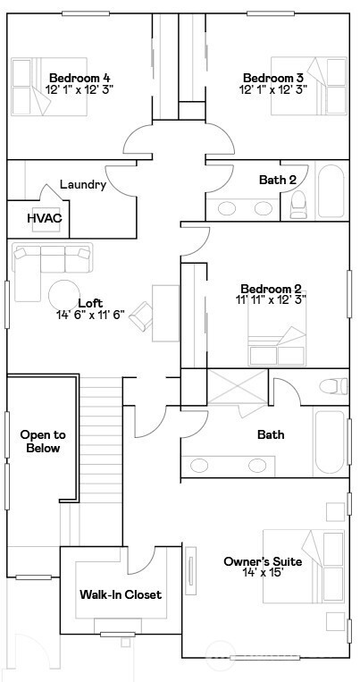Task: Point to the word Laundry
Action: coord(83,185)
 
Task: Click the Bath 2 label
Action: coord(278,180)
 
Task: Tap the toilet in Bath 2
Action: coord(297,206)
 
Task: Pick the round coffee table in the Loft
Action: coord(65,296)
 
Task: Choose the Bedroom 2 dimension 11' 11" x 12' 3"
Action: coord(272,300)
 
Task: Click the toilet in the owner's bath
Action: coord(333,387)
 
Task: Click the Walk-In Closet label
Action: coord(121,594)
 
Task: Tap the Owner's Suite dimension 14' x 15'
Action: coord(262,574)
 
